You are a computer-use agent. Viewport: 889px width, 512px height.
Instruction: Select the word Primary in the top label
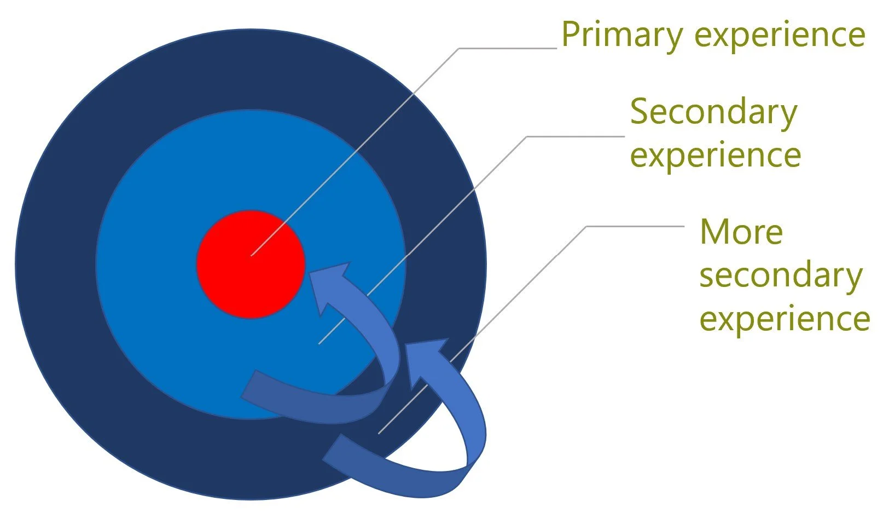point(621,35)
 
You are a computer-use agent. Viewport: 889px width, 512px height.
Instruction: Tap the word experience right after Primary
point(780,35)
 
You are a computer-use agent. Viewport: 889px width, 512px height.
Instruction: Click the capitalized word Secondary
point(713,113)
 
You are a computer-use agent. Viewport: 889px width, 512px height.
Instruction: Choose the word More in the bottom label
point(741,232)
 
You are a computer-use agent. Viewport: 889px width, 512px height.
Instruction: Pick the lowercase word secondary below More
point(781,276)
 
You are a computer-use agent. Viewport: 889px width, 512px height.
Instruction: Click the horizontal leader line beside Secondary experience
point(574,136)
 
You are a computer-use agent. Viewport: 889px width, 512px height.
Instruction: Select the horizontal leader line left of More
point(635,226)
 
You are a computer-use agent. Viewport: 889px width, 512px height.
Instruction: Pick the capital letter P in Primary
point(570,35)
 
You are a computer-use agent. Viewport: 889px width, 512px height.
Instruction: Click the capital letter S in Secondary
point(640,112)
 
